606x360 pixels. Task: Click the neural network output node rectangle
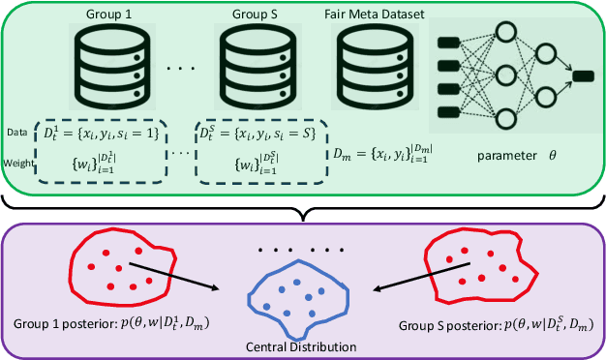click(x=583, y=75)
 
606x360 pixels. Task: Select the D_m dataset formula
click(x=385, y=152)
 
